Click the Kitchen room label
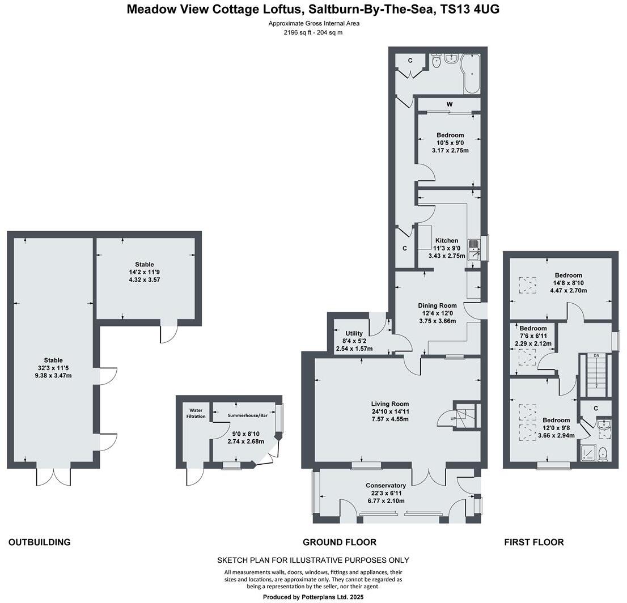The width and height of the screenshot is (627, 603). [447, 240]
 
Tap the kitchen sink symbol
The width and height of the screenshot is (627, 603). [473, 250]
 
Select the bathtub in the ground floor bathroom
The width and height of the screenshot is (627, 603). [471, 74]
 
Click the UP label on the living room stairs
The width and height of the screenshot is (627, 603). [452, 419]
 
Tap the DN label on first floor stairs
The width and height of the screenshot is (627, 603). [596, 355]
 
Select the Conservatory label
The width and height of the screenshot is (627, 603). [385, 485]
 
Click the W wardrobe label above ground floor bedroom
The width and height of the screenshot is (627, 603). [449, 104]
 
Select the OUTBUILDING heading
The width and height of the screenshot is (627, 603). [39, 542]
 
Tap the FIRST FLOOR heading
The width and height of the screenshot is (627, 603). [533, 542]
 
